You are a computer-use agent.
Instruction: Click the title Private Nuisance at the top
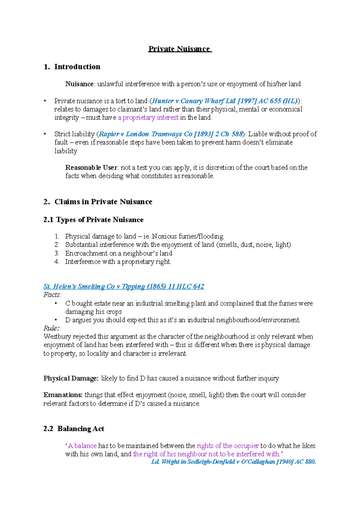point(180,49)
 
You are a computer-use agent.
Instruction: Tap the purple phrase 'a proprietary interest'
point(148,118)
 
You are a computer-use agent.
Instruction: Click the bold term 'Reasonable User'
point(91,168)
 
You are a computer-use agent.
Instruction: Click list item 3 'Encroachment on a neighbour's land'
point(118,253)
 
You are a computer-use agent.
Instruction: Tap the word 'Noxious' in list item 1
point(164,237)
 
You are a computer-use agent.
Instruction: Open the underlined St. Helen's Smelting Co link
point(124,287)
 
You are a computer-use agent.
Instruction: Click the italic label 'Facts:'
point(52,295)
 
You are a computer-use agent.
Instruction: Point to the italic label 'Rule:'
point(51,328)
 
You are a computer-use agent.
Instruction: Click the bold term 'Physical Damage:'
point(71,378)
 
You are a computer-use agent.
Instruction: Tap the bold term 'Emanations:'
point(63,395)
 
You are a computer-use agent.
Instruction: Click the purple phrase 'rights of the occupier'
point(227,446)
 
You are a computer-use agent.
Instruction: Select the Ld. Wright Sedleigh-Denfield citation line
point(233,462)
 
